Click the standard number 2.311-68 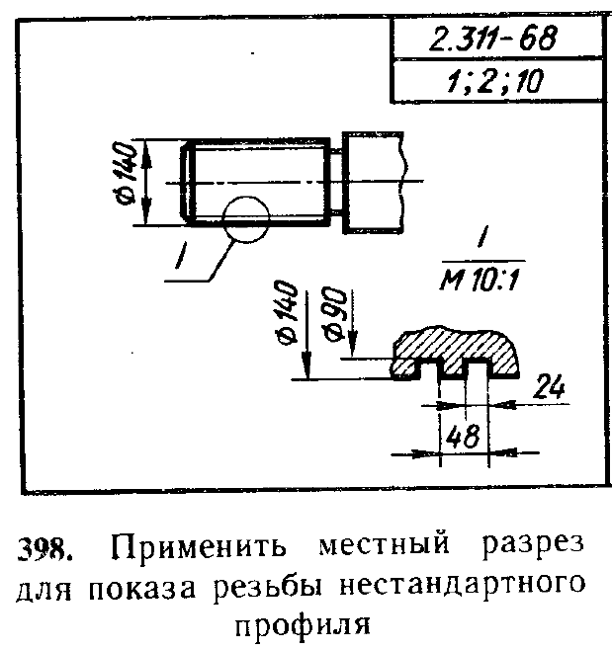[x=492, y=39]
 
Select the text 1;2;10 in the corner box [x=494, y=81]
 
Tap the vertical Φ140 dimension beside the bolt [x=126, y=174]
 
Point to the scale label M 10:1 [x=480, y=281]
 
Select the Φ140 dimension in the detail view [x=288, y=312]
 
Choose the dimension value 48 [x=463, y=436]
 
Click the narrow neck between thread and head [x=336, y=183]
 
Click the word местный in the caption [x=385, y=545]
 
